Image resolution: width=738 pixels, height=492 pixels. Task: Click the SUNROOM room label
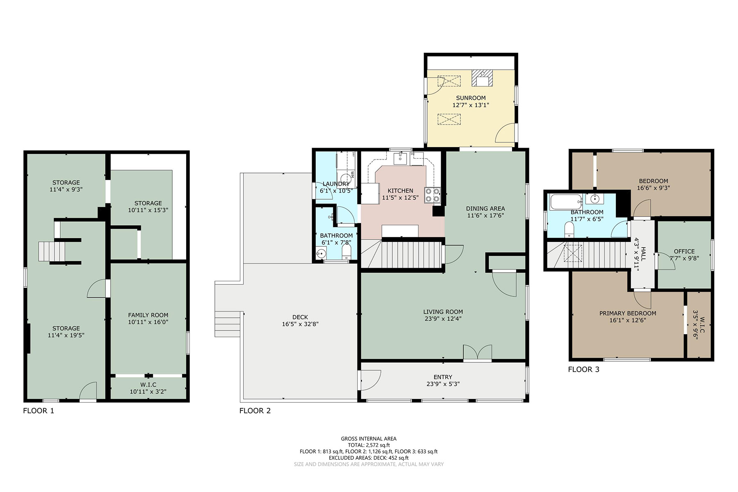point(471,98)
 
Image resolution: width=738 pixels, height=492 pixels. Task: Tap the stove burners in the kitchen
point(432,195)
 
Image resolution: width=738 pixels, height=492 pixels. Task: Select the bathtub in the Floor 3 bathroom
point(566,201)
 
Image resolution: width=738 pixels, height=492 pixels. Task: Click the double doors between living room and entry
point(477,353)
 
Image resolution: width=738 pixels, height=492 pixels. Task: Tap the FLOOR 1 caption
point(39,410)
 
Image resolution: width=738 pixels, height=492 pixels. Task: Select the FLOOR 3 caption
point(583,369)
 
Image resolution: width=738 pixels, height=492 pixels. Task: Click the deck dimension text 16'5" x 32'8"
point(300,324)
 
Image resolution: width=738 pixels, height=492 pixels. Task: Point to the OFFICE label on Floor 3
point(684,251)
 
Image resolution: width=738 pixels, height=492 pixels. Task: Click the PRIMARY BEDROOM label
point(628,313)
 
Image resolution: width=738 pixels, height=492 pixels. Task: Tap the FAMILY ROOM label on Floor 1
point(148,315)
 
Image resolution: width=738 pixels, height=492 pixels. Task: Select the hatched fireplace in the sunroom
point(482,78)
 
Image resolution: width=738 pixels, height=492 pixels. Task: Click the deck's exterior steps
point(228,323)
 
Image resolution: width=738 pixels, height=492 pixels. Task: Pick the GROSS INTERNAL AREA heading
point(369,439)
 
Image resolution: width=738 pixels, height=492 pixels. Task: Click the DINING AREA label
point(485,208)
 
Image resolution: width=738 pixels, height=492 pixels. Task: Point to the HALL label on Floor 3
point(643,254)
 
